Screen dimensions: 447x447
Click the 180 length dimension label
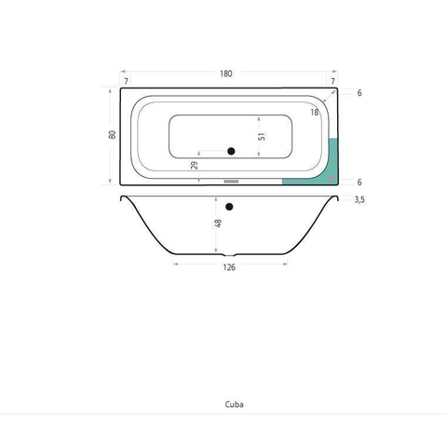(x=226, y=74)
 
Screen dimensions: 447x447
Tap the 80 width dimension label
(x=112, y=135)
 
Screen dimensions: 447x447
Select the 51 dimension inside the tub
(x=262, y=136)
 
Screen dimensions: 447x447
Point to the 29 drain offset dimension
(x=195, y=165)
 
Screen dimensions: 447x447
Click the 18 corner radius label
(x=315, y=112)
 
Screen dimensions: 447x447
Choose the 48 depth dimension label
(x=218, y=223)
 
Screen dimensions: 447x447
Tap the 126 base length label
(x=229, y=267)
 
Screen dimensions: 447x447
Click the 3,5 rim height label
(x=359, y=199)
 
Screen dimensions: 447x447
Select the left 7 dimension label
(x=126, y=81)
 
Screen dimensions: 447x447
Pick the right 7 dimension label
(x=332, y=81)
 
